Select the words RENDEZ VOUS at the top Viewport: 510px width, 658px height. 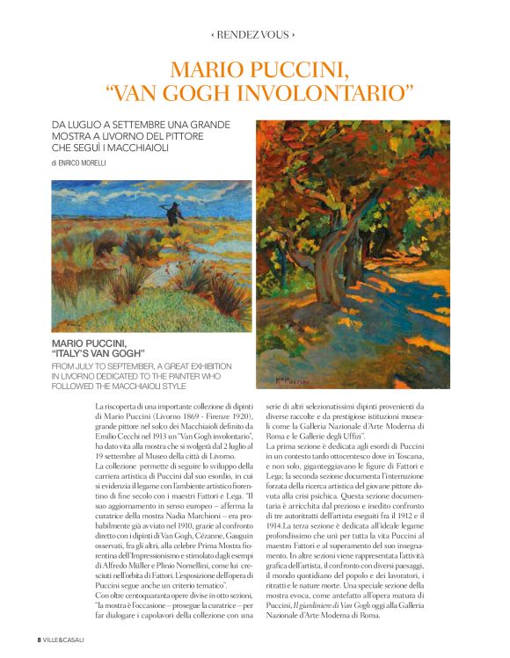click(253, 35)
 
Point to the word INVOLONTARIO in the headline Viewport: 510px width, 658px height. click(324, 92)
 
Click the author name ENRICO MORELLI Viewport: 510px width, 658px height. click(83, 163)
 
